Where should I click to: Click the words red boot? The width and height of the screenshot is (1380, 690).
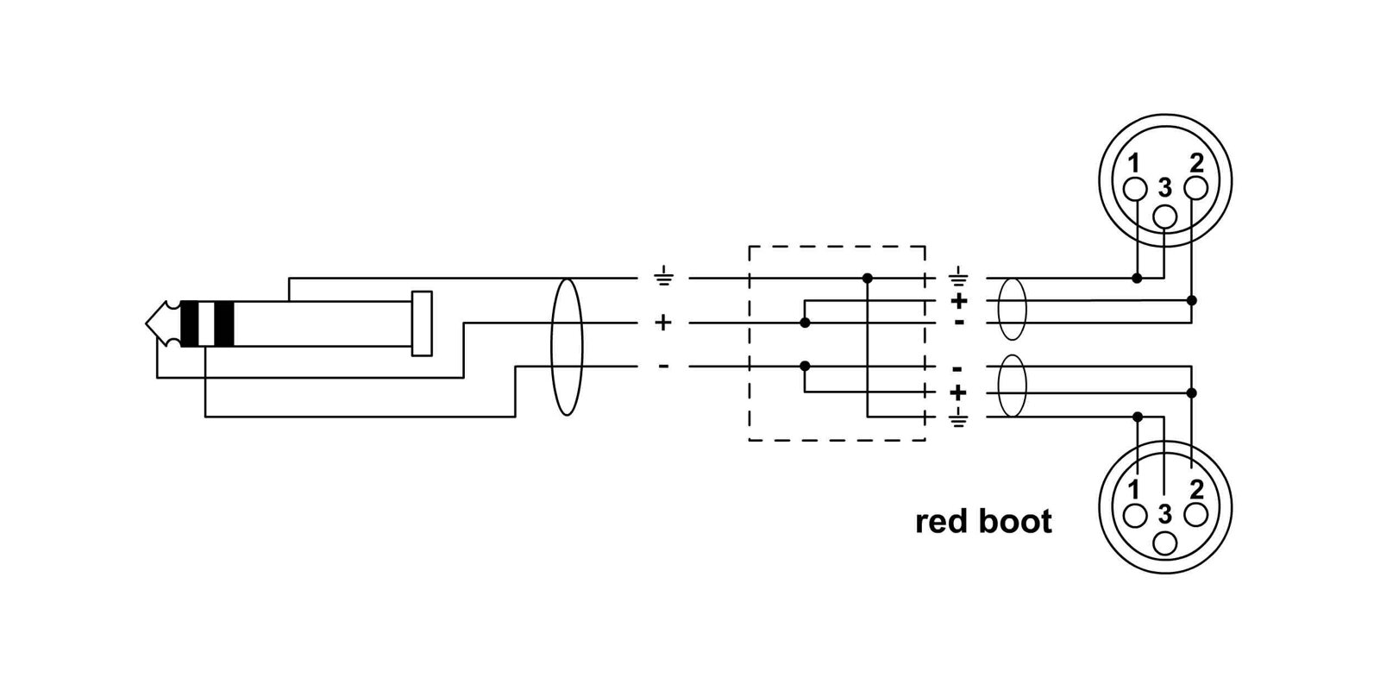(x=983, y=522)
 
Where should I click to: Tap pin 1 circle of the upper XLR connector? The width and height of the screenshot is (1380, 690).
(x=1135, y=189)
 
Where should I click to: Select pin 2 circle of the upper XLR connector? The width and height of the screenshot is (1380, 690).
(x=1195, y=189)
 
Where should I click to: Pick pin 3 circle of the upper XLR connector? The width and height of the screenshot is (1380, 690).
(x=1164, y=216)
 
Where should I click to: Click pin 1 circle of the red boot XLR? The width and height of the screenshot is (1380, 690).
(x=1135, y=516)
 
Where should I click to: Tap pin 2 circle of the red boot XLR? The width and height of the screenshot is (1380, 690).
(x=1195, y=515)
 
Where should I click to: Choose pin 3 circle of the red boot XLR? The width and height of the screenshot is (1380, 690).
(x=1164, y=543)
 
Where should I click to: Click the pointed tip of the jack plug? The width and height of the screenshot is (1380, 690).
(x=147, y=323)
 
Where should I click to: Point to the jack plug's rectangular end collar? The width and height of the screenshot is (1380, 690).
(x=422, y=323)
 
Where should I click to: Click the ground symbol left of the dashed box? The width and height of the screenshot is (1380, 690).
(x=663, y=277)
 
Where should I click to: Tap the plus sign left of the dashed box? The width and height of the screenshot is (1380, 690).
(x=663, y=323)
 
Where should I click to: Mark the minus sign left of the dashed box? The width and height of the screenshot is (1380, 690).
(x=663, y=367)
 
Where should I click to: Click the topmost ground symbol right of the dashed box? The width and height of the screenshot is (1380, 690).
(x=958, y=277)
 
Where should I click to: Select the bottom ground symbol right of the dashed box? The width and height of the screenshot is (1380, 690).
(x=958, y=418)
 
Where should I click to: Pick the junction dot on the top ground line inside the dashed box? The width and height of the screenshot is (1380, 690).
(x=868, y=279)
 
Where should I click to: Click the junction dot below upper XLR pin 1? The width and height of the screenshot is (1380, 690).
(x=1138, y=279)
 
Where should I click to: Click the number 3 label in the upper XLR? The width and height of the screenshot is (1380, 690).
(x=1164, y=187)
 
